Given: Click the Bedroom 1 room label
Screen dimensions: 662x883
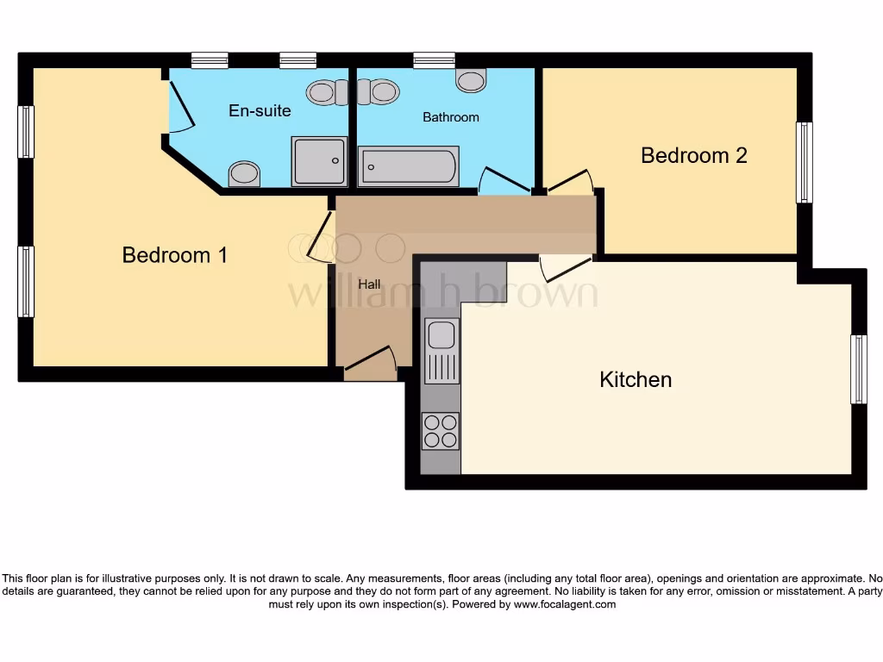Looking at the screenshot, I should tap(175, 255).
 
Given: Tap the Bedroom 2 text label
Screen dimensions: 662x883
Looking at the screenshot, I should tap(693, 156).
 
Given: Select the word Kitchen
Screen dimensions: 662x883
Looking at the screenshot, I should tap(636, 379).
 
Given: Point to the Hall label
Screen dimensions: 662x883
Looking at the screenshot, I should tap(369, 284).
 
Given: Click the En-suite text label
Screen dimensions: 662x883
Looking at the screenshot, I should tap(260, 111).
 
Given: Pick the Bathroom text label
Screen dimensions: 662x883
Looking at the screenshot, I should tap(450, 117).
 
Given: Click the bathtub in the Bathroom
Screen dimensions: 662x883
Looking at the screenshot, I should tap(409, 166).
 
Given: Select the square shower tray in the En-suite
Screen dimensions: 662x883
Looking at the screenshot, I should tap(320, 161).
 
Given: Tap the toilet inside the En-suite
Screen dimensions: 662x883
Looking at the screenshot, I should tap(327, 91).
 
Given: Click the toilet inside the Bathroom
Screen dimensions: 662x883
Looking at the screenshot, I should tap(378, 91).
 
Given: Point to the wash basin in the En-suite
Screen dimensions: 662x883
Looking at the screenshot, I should tap(244, 174).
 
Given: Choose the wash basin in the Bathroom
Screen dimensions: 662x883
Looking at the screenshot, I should tap(471, 81).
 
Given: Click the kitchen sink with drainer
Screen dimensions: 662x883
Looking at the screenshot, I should tap(441, 350).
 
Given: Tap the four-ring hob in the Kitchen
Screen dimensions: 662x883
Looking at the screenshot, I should tap(440, 431).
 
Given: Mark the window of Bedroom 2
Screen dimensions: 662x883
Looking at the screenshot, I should tap(804, 162).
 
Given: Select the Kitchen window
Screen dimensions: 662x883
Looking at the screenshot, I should tap(858, 369).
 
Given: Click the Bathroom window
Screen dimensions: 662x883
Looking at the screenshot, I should tap(434, 60).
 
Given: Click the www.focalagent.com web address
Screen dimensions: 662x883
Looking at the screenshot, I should tap(565, 604).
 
